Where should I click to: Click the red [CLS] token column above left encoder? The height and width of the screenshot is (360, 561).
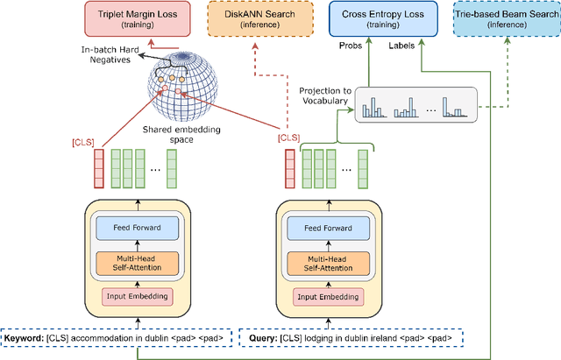point(99,169)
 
